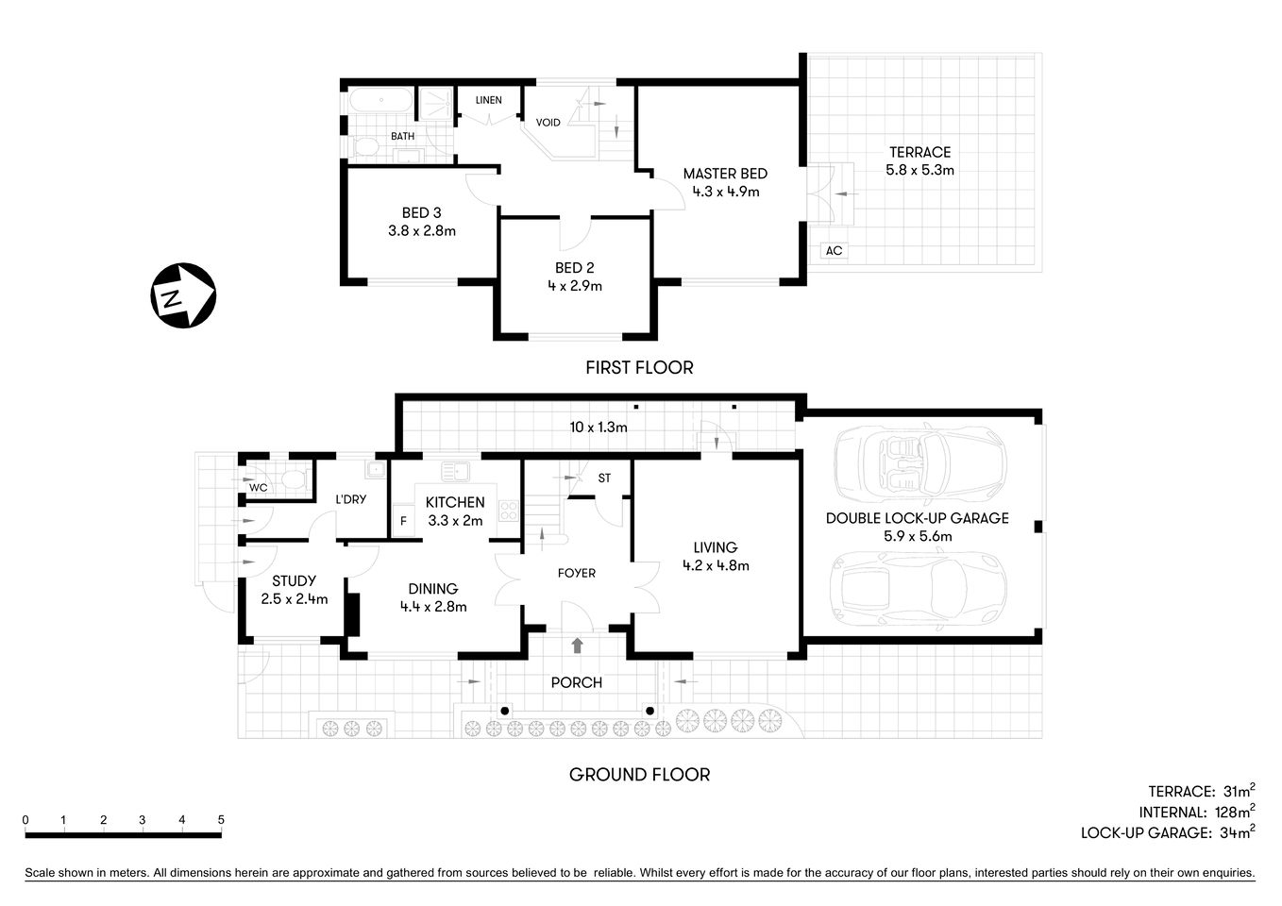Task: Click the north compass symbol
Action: coord(183,295)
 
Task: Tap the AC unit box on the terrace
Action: coord(834,251)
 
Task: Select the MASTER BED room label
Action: coord(725,174)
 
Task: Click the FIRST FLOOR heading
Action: coord(639,368)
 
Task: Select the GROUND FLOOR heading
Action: coord(639,775)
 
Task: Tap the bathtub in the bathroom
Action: coord(380,100)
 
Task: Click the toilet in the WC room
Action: coord(293,479)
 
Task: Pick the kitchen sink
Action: coord(456,469)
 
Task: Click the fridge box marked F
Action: coord(404,521)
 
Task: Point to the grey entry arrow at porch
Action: coord(577,646)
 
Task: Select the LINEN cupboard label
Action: coord(488,100)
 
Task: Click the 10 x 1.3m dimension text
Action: coord(598,427)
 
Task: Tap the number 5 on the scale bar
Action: coord(221,820)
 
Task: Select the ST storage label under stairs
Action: coord(604,478)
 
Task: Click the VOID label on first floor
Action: coord(548,123)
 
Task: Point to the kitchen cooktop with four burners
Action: coord(508,512)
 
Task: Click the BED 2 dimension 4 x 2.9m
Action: coord(574,285)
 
